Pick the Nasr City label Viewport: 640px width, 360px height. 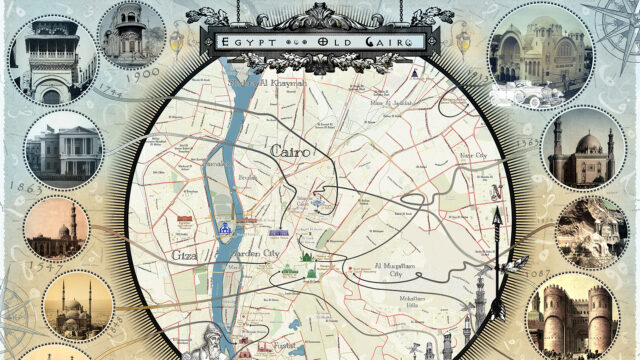point(472,156)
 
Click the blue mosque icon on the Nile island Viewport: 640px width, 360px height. point(225,230)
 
